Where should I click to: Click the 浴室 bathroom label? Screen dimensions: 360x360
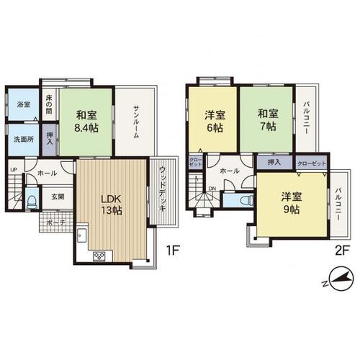pyautogui.click(x=23, y=105)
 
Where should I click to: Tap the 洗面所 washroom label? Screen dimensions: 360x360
pyautogui.click(x=23, y=140)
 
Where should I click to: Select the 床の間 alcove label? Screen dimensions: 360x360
pyautogui.click(x=49, y=106)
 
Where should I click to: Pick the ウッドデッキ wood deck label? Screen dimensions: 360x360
pyautogui.click(x=162, y=188)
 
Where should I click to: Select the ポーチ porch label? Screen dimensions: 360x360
pyautogui.click(x=55, y=222)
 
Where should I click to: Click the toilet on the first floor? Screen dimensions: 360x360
pyautogui.click(x=31, y=199)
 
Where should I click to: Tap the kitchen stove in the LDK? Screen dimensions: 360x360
pyautogui.click(x=98, y=256)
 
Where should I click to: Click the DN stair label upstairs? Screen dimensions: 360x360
pyautogui.click(x=212, y=189)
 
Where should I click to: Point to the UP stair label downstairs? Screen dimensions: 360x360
pyautogui.click(x=13, y=170)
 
